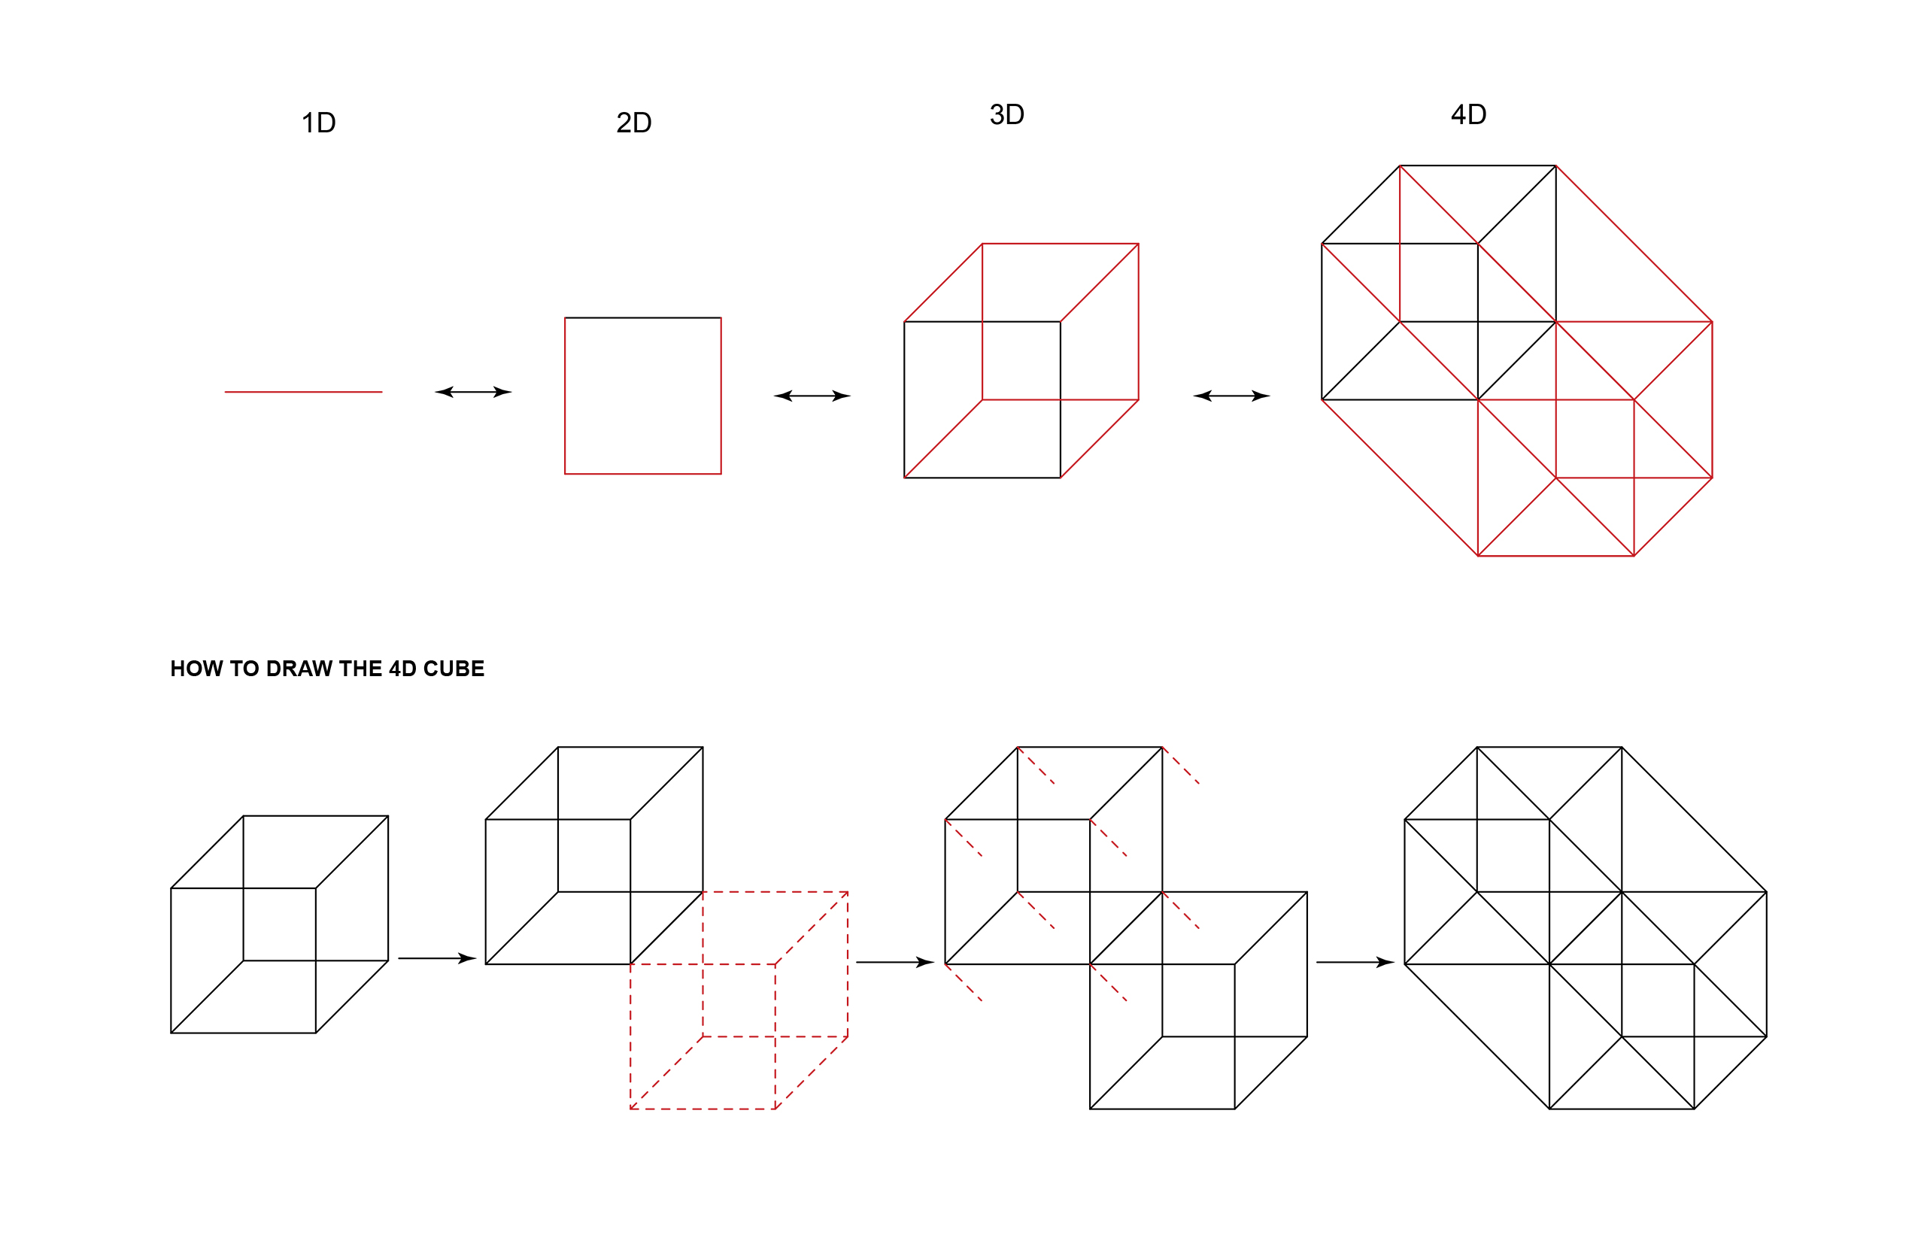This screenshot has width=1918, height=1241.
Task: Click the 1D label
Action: [318, 123]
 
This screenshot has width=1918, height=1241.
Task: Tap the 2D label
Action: [633, 123]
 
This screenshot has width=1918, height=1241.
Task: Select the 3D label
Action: [1006, 114]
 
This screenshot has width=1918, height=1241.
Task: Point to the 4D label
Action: [1468, 114]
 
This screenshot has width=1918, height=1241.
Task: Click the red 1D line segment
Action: [303, 392]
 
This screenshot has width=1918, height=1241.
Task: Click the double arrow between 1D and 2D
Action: [473, 392]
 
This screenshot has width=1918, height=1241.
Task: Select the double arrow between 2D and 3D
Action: [812, 396]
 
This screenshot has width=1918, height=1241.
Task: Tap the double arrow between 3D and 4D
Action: [1231, 396]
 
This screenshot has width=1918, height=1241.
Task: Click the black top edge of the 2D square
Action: [643, 317]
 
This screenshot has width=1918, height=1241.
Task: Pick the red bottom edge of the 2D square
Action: [643, 474]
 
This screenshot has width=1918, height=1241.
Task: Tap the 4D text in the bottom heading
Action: [403, 669]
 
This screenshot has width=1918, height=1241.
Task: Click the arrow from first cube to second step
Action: [437, 958]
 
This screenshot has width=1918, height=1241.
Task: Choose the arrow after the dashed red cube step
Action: [894, 962]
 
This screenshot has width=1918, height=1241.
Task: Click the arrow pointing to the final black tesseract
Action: [1355, 962]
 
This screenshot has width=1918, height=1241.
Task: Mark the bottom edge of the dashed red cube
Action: [703, 1109]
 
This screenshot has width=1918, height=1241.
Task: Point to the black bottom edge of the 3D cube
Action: [982, 478]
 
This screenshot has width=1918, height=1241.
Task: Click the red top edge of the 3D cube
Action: [1061, 244]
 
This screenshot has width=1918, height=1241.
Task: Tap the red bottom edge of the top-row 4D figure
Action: [1555, 556]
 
